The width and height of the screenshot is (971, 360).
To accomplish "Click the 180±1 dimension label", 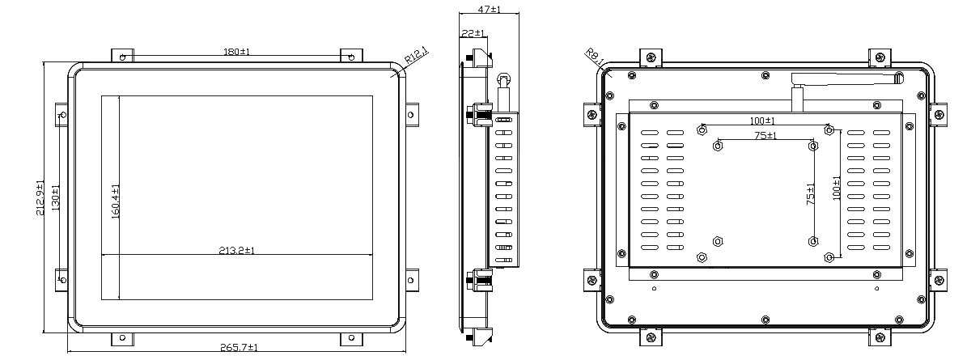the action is [236, 52].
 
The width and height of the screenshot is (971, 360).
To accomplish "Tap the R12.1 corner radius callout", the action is [416, 56].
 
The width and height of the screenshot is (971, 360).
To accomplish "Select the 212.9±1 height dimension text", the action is [40, 197].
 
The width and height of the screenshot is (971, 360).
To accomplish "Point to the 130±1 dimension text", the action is [56, 198].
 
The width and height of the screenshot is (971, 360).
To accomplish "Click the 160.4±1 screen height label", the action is [115, 201].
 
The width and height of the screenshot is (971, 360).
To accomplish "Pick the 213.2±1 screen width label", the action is [236, 251].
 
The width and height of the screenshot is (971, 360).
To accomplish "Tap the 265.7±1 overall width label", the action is [239, 347].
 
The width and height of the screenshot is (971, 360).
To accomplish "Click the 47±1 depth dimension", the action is [489, 9].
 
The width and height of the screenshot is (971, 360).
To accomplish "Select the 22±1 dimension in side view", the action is [473, 33].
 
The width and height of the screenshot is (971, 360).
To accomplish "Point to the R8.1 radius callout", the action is [594, 57].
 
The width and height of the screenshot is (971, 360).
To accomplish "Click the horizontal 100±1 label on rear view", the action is [762, 121].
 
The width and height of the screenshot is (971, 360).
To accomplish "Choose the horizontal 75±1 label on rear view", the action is [765, 136].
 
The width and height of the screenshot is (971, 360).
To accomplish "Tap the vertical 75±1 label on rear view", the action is [810, 194].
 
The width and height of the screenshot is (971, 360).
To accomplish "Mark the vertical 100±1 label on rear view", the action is [837, 188].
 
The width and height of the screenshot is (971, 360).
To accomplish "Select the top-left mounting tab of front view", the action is [123, 57].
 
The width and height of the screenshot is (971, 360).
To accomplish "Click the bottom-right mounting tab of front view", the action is [351, 339].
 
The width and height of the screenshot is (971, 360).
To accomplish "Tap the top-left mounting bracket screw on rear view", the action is [651, 57].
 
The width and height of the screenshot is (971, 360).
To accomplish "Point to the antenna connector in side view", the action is [503, 93].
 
